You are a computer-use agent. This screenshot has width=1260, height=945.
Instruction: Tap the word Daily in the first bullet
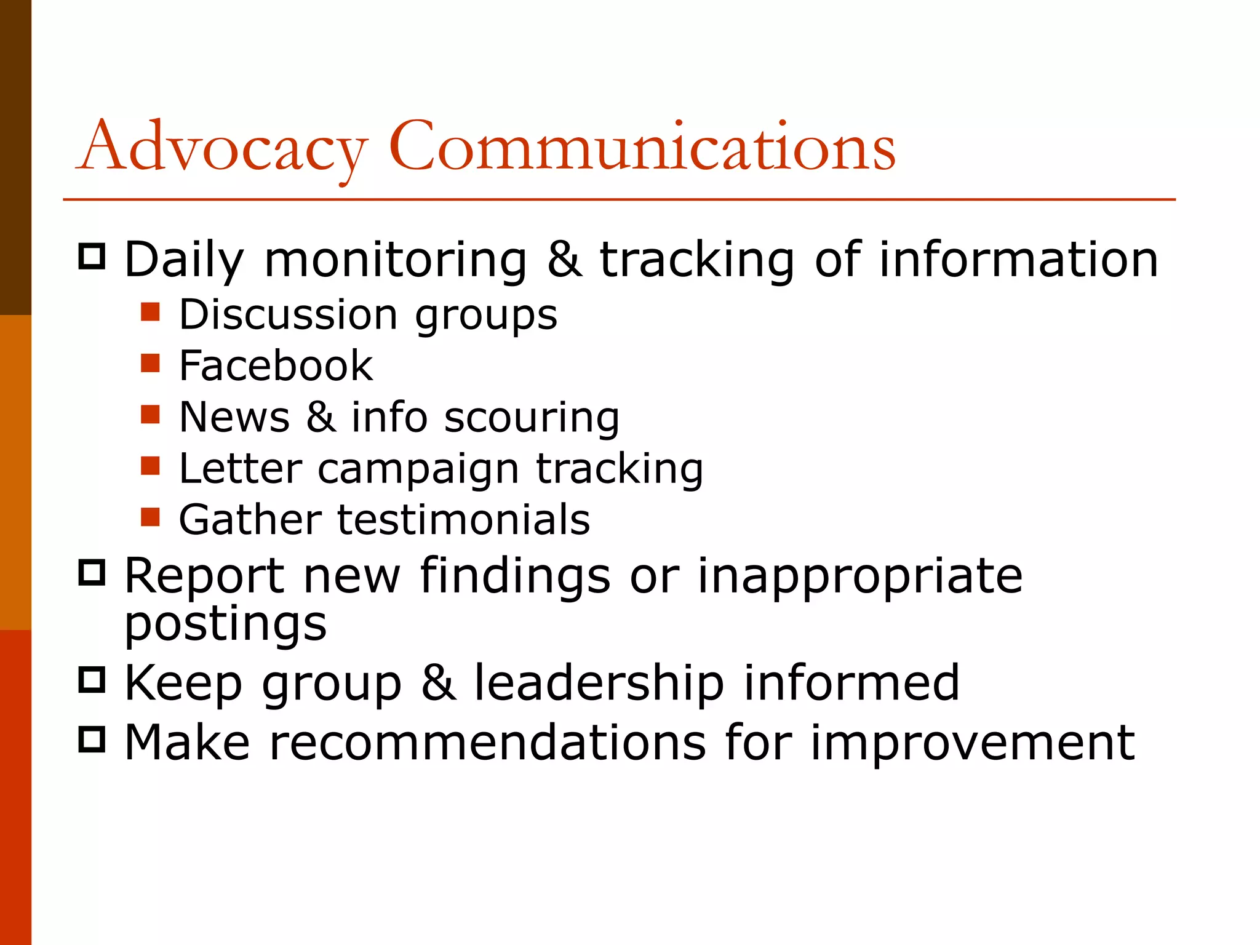(x=184, y=261)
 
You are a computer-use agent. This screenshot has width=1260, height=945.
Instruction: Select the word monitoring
(x=396, y=261)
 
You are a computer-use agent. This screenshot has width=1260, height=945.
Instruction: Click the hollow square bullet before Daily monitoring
(x=92, y=256)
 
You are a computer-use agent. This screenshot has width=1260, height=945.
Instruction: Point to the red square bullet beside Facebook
(x=150, y=363)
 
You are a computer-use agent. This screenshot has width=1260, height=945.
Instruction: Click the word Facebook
(x=276, y=365)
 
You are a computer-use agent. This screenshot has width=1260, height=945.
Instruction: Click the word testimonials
(x=464, y=520)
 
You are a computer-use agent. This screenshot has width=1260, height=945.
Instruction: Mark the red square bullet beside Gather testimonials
(x=150, y=517)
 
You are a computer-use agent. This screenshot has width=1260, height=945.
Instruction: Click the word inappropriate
(x=859, y=576)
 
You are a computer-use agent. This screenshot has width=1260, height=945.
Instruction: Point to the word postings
(x=225, y=625)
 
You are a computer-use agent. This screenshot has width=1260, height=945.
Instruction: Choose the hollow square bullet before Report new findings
(x=92, y=573)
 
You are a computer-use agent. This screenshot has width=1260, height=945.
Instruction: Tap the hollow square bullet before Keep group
(x=92, y=680)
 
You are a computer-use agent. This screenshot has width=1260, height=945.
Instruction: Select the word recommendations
(x=487, y=743)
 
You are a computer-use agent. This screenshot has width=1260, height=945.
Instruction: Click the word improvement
(x=972, y=743)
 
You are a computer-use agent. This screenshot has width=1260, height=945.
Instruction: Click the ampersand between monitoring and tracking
(x=564, y=260)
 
